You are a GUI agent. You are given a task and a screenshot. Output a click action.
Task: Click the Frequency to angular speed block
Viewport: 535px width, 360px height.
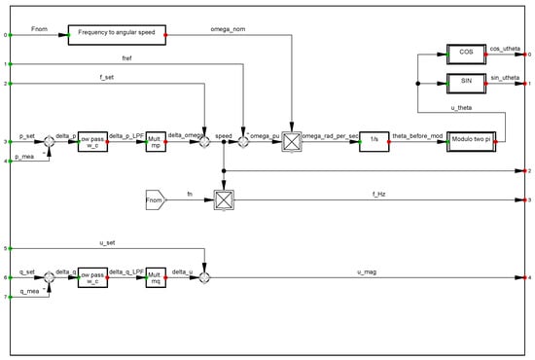click(x=117, y=35)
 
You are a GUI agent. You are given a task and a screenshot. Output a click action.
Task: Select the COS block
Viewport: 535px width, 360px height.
click(x=467, y=53)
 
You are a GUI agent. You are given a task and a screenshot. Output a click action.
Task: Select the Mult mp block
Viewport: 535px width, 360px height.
click(x=157, y=141)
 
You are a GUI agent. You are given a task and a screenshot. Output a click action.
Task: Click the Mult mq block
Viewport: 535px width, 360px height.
click(x=157, y=277)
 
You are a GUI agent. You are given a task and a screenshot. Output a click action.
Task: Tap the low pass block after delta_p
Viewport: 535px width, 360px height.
click(x=97, y=141)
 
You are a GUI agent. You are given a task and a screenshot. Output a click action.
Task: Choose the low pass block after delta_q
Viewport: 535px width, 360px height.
click(x=97, y=277)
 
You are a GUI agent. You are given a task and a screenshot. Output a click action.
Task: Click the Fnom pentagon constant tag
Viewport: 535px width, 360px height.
click(x=156, y=199)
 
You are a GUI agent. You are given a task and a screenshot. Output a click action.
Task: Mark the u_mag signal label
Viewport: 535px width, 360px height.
click(x=366, y=271)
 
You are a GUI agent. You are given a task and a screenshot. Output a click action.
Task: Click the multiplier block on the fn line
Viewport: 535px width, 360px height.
click(x=225, y=199)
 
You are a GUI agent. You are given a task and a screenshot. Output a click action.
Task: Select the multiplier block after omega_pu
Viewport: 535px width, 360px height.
click(x=291, y=141)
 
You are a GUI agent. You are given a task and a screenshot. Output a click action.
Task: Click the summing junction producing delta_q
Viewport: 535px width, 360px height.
click(x=49, y=277)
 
